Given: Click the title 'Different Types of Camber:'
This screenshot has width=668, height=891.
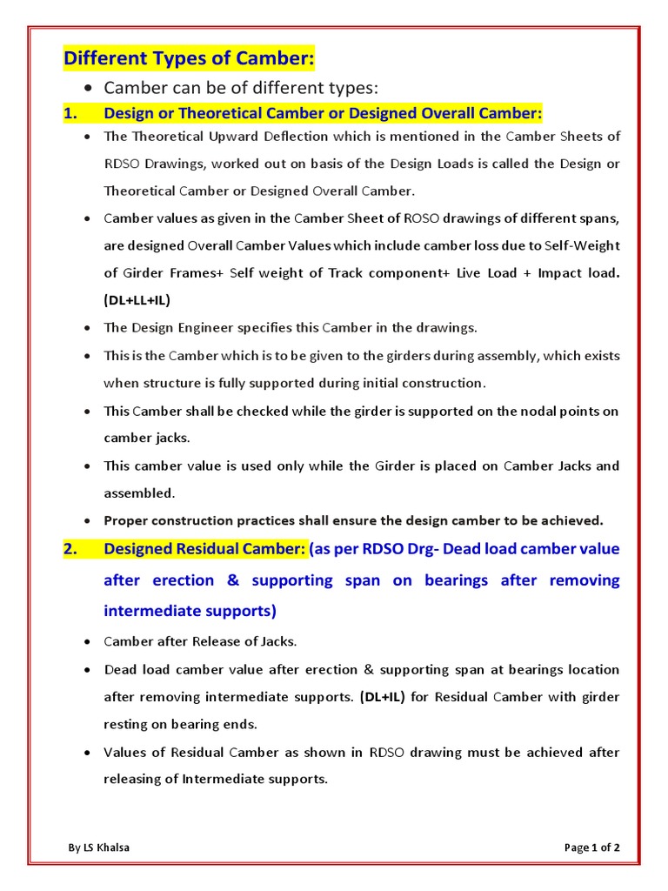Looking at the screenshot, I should tap(188, 58).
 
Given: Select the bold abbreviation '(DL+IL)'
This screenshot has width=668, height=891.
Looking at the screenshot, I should tap(379, 697).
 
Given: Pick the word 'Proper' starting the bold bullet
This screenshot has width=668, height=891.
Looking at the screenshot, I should tap(126, 520).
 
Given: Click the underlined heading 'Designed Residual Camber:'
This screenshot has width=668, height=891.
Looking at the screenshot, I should tap(204, 549).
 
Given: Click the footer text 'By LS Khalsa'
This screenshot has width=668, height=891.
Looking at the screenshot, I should tap(100, 847).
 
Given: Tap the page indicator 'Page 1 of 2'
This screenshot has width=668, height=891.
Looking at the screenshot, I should tap(591, 847).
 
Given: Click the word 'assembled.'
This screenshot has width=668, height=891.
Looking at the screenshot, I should tap(139, 492).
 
